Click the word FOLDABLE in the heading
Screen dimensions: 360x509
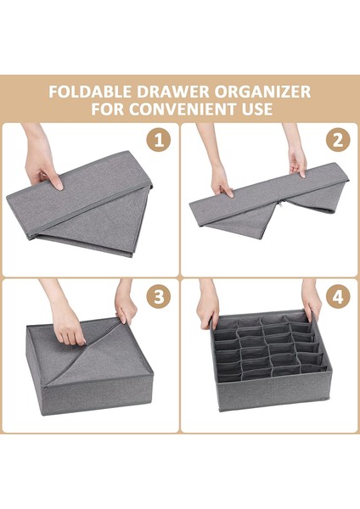(91, 92)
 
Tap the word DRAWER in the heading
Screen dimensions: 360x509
(173, 92)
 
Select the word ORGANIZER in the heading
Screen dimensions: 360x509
(262, 92)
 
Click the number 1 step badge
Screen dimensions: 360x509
(159, 141)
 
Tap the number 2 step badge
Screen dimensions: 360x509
(338, 141)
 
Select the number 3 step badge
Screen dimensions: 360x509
(159, 296)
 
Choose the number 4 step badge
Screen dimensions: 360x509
(338, 296)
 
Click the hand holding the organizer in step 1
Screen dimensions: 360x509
(41, 162)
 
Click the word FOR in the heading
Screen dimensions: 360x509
(106, 109)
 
